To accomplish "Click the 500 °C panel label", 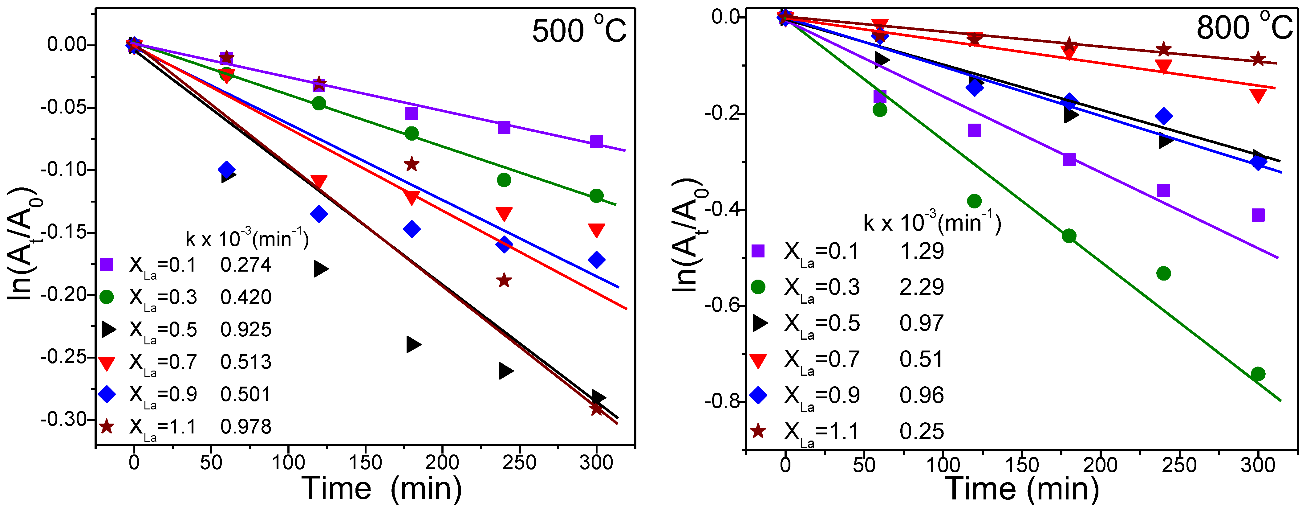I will (x=579, y=31).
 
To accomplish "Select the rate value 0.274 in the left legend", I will (x=246, y=265).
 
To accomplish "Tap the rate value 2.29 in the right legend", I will (x=921, y=287).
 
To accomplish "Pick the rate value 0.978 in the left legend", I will (x=246, y=427).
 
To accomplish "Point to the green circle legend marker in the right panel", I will (x=758, y=287).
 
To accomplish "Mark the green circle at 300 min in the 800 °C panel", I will (x=1258, y=374).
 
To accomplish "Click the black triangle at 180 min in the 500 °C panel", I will (x=413, y=345).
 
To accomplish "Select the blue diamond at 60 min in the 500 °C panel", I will (x=227, y=170).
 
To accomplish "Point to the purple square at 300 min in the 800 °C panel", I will (x=1258, y=215).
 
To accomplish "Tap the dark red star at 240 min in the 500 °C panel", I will (x=503, y=280).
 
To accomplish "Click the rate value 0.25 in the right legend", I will (x=921, y=431).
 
